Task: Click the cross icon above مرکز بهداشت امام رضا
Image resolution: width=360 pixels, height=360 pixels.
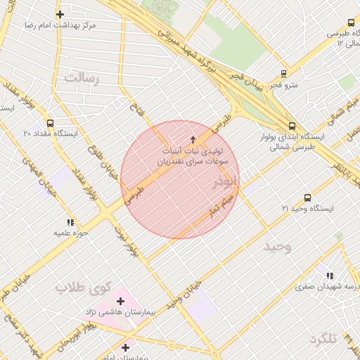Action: point(60,14)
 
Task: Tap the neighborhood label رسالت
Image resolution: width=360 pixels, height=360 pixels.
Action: point(82,77)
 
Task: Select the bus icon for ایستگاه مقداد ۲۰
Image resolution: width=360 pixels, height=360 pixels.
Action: point(49,120)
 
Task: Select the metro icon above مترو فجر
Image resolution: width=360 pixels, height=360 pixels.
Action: point(283,73)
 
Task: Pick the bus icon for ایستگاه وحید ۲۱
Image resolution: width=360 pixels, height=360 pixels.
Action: point(307,198)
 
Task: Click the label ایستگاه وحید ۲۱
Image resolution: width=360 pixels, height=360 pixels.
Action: point(307,209)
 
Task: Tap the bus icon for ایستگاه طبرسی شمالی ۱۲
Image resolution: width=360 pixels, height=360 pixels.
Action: point(350,21)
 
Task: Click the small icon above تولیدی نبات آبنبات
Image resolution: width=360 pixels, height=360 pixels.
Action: point(193,140)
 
